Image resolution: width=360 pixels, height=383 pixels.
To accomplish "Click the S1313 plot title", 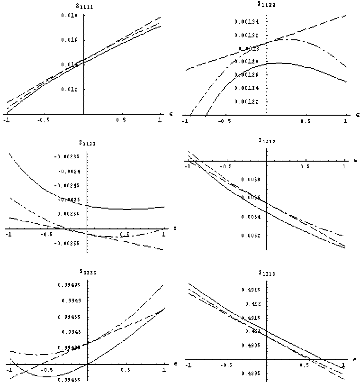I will tap(266, 273).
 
